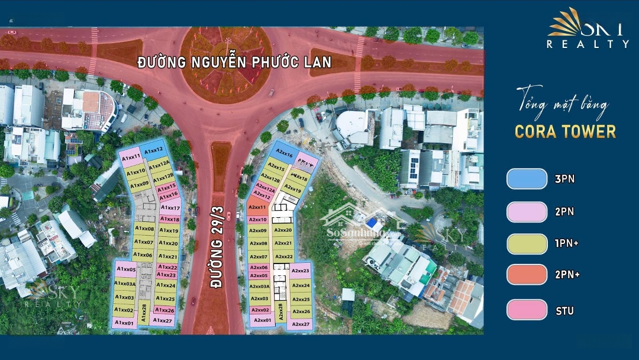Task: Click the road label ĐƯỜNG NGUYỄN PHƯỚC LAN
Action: (x=234, y=62)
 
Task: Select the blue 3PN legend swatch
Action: (x=527, y=179)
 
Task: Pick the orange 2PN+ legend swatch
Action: (x=527, y=274)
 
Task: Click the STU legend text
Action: (x=564, y=310)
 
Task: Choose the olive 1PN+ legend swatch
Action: (x=527, y=243)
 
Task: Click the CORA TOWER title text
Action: (x=565, y=131)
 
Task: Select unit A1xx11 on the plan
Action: (x=130, y=157)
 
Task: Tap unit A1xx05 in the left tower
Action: (x=125, y=269)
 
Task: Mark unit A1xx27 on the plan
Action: (x=163, y=321)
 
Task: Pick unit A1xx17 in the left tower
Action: (x=170, y=208)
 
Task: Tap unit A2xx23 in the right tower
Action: (x=301, y=271)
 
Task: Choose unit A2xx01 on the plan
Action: (x=262, y=320)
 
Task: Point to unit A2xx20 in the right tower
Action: (x=283, y=230)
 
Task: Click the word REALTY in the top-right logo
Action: (x=588, y=44)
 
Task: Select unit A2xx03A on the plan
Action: (x=259, y=286)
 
